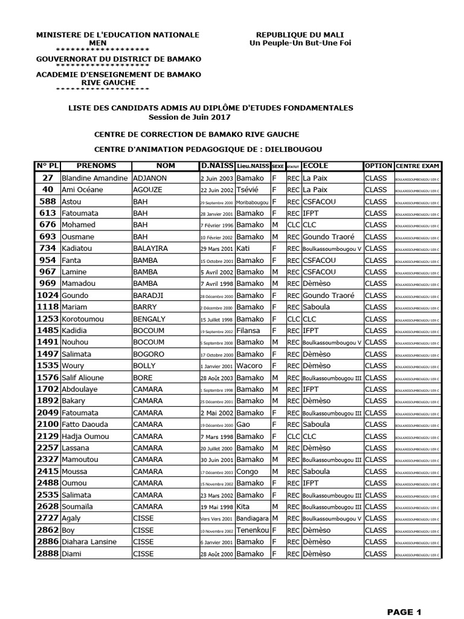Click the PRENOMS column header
pyautogui.click(x=96, y=166)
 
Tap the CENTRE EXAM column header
pyautogui.click(x=417, y=166)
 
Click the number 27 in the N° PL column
pyautogui.click(x=48, y=178)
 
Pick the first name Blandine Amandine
pyautogui.click(x=95, y=178)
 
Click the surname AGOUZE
pyautogui.click(x=148, y=190)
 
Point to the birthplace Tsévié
pyautogui.click(x=248, y=190)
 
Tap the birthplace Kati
pyautogui.click(x=245, y=248)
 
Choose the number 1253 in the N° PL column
pyautogui.click(x=48, y=319)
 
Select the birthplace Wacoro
pyautogui.click(x=250, y=366)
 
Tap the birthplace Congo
pyautogui.click(x=248, y=472)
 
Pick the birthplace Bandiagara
pyautogui.click(x=253, y=518)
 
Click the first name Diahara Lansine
pyautogui.click(x=89, y=542)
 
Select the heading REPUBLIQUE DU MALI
pyautogui.click(x=300, y=35)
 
